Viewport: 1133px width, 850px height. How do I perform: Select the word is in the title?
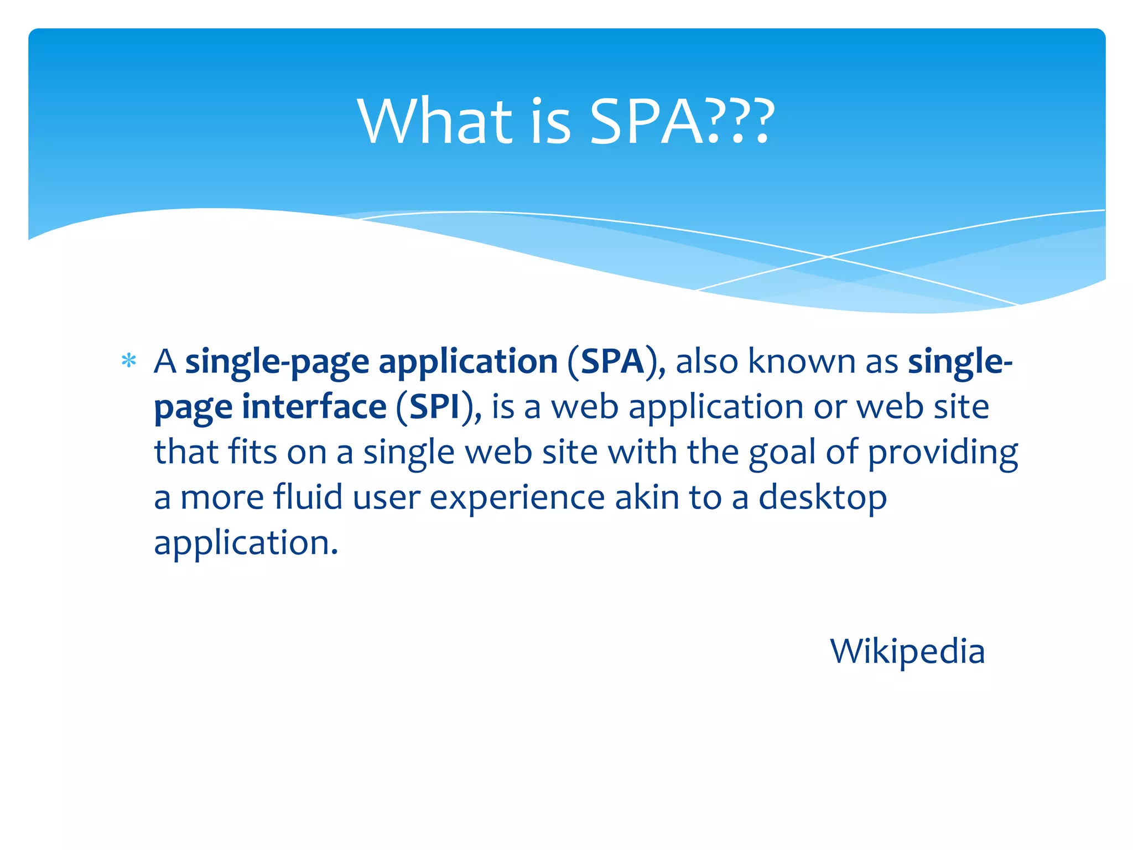coord(550,122)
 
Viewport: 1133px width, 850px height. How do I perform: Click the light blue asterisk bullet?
coord(129,361)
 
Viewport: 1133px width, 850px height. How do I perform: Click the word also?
coord(706,362)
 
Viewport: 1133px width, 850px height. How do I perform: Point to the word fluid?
coord(308,497)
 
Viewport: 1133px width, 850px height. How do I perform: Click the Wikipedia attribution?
coord(907,651)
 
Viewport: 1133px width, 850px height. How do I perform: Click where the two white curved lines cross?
coord(828,257)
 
